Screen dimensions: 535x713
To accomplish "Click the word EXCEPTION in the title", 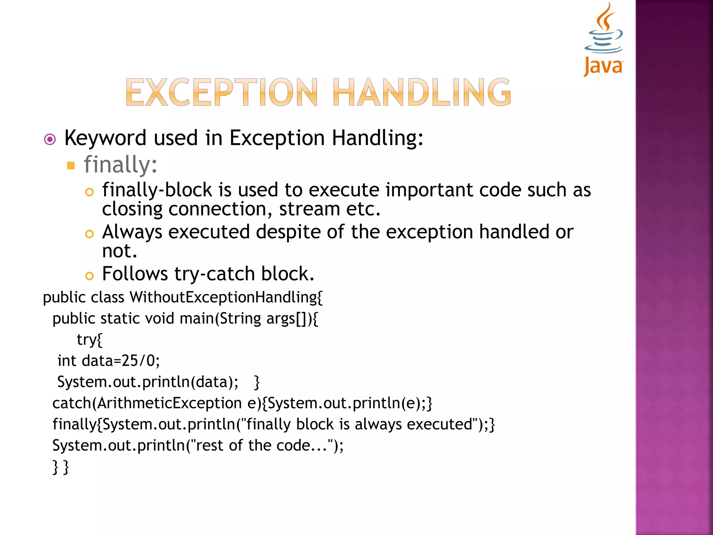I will [222, 92].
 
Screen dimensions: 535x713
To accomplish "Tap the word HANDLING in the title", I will [422, 92].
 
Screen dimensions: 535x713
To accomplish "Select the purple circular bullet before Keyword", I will [50, 140].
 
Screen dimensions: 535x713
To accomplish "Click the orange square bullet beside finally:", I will [71, 165].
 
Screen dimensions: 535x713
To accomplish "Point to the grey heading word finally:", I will [120, 165].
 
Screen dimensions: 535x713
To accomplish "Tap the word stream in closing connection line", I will [309, 209].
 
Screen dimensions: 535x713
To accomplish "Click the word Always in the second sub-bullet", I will [132, 232].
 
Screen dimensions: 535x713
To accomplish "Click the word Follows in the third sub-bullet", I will [135, 274].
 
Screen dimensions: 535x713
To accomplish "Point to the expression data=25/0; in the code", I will [121, 361].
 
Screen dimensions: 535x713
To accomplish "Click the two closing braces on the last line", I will [61, 467].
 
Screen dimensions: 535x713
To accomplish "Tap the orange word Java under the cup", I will [603, 66].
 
